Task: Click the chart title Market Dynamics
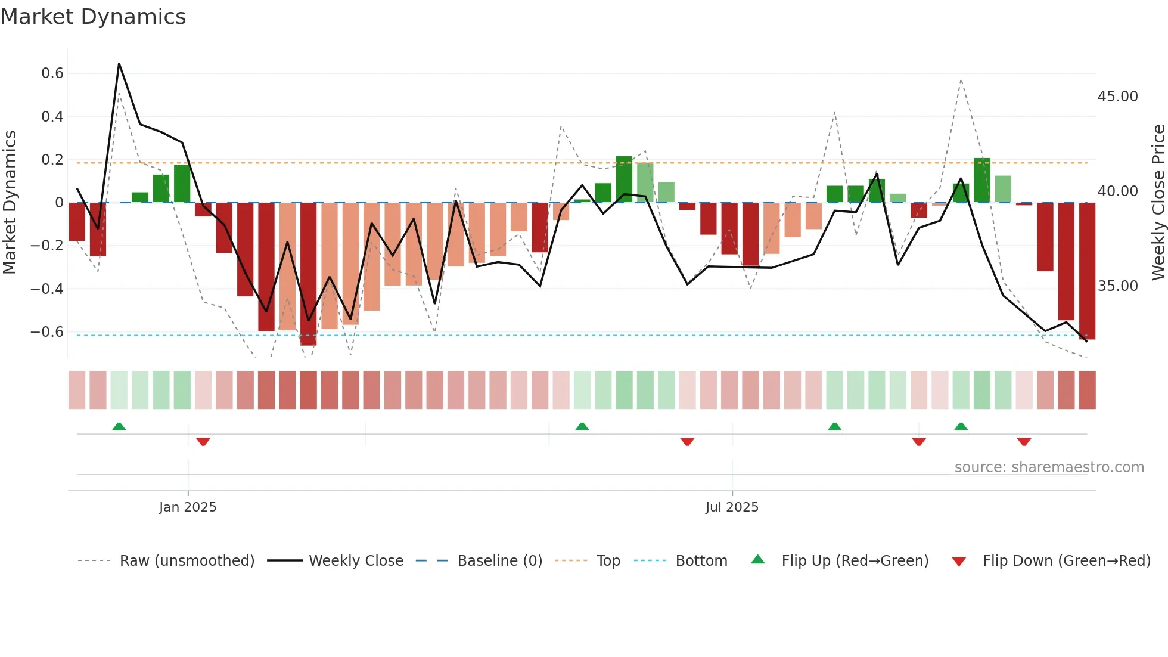(93, 17)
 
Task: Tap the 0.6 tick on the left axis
(52, 73)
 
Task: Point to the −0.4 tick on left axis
(46, 289)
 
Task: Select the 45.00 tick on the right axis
(1117, 97)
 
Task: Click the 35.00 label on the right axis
(1117, 286)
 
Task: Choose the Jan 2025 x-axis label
(188, 507)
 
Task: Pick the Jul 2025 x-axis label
(732, 507)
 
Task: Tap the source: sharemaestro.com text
(1049, 467)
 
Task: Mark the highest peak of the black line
(119, 64)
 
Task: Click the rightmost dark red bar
(1087, 271)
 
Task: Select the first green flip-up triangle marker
(119, 426)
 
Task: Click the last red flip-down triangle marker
(1024, 442)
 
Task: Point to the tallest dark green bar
(624, 179)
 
